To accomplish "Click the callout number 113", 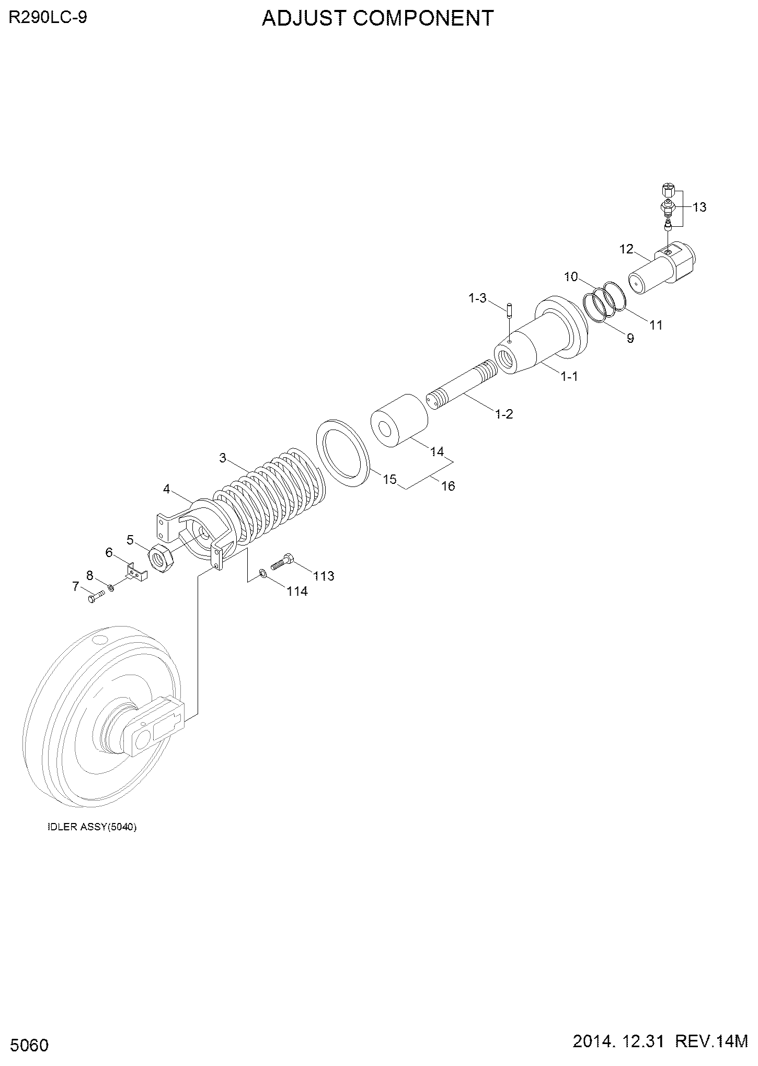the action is click(x=324, y=576).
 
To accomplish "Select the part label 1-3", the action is click(x=477, y=298).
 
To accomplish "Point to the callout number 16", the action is click(x=448, y=486).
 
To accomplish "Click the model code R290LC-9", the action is click(x=47, y=18).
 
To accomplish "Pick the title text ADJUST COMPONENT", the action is click(x=377, y=18).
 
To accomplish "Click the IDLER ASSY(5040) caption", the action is click(x=92, y=828).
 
